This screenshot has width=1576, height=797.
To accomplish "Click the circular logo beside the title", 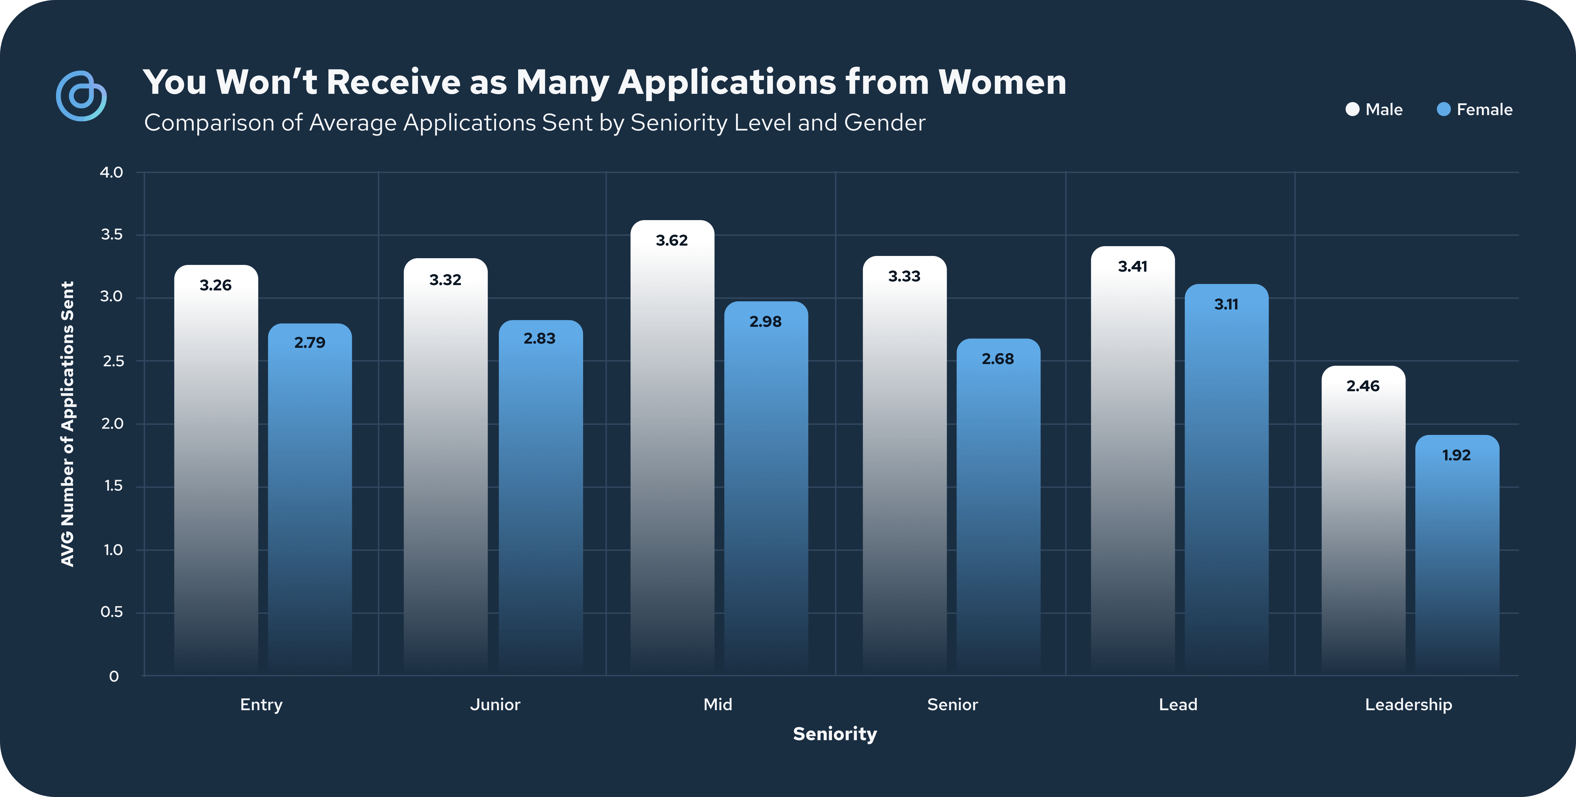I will [81, 96].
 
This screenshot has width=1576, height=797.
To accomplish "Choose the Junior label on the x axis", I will [495, 705].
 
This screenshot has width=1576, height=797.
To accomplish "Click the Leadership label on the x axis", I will [1408, 705].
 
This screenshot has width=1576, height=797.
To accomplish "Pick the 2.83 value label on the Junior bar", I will [540, 339].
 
